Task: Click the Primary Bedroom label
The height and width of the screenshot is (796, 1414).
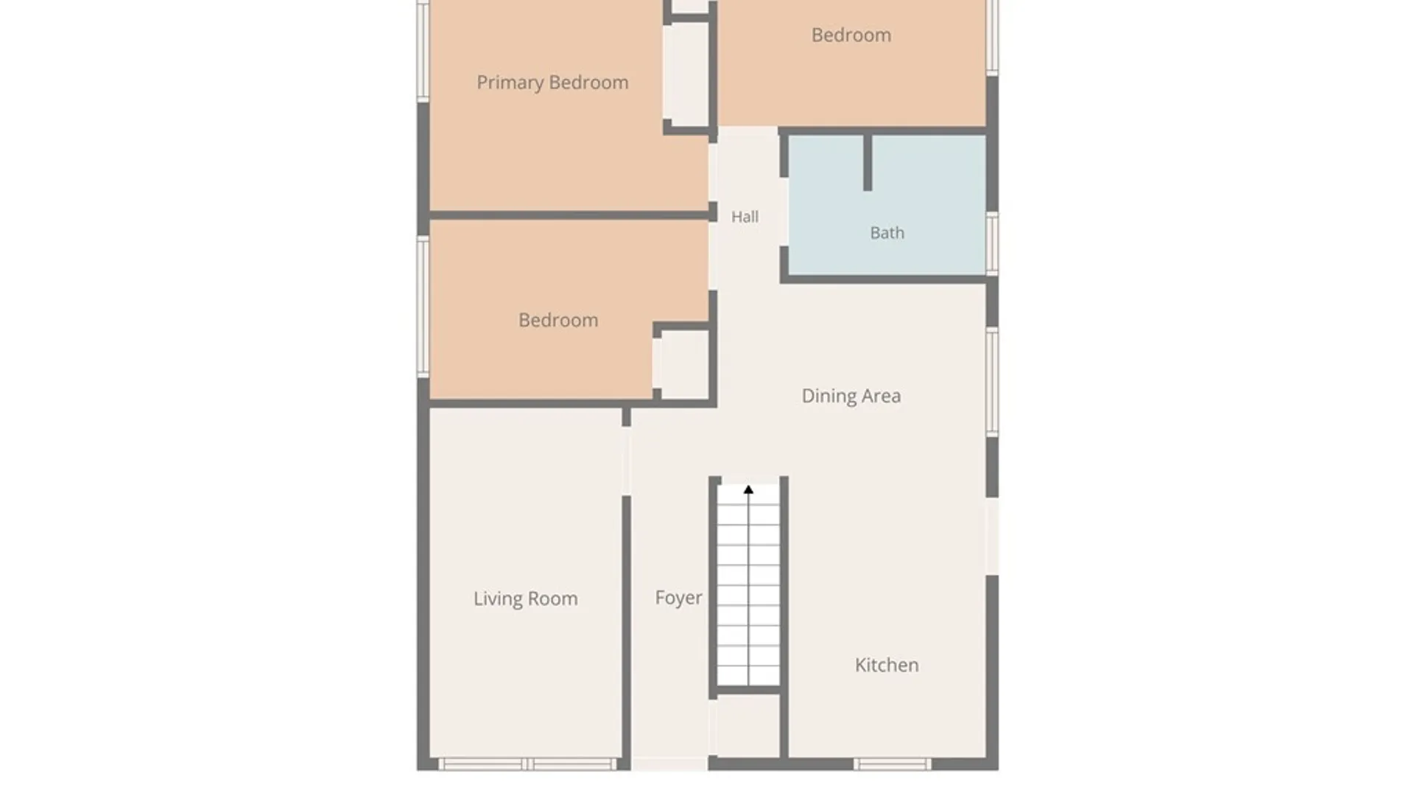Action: click(x=552, y=83)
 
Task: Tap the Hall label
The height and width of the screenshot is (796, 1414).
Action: click(x=745, y=217)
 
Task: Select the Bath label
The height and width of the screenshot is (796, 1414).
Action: click(x=887, y=233)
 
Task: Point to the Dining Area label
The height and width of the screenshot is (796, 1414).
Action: click(x=851, y=396)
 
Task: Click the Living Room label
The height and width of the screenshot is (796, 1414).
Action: click(x=525, y=598)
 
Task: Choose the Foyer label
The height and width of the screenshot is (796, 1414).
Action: click(x=678, y=597)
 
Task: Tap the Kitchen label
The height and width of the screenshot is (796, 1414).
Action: click(x=887, y=665)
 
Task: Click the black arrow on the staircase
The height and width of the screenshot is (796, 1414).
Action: click(x=748, y=489)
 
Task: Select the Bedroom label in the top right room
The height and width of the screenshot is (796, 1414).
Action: click(x=851, y=35)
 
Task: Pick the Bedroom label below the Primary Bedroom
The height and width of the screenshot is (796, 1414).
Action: click(x=558, y=320)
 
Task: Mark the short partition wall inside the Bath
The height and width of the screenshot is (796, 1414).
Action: click(x=868, y=162)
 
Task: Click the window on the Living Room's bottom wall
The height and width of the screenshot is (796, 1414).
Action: click(x=527, y=764)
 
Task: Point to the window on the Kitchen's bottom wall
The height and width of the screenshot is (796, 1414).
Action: click(x=892, y=764)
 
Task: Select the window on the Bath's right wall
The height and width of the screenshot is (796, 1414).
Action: click(x=992, y=244)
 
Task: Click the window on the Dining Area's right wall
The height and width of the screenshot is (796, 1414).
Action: click(x=992, y=382)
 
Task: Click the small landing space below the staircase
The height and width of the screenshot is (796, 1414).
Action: click(x=748, y=725)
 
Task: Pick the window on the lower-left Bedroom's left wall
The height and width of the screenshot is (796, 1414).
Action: click(x=423, y=307)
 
